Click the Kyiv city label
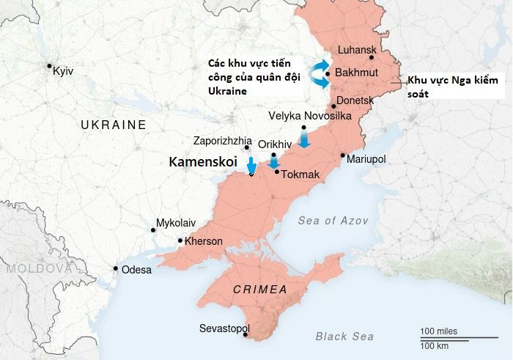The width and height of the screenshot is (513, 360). [x=64, y=71]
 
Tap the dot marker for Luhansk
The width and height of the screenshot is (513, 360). [x=372, y=57]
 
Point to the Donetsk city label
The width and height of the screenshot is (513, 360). [x=356, y=100]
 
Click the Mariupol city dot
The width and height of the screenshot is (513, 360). [x=343, y=155]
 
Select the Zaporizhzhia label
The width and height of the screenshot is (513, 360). [x=222, y=140]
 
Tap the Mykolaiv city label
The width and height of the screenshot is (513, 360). [x=177, y=223]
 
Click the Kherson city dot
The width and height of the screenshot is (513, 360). [x=180, y=240]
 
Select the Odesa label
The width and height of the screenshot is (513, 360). [x=136, y=270]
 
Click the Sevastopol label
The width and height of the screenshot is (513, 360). [x=224, y=328]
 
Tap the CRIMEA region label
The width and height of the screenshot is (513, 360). [x=259, y=290]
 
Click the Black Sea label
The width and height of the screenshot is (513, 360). [x=344, y=336]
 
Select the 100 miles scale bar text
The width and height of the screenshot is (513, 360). [x=439, y=331]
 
